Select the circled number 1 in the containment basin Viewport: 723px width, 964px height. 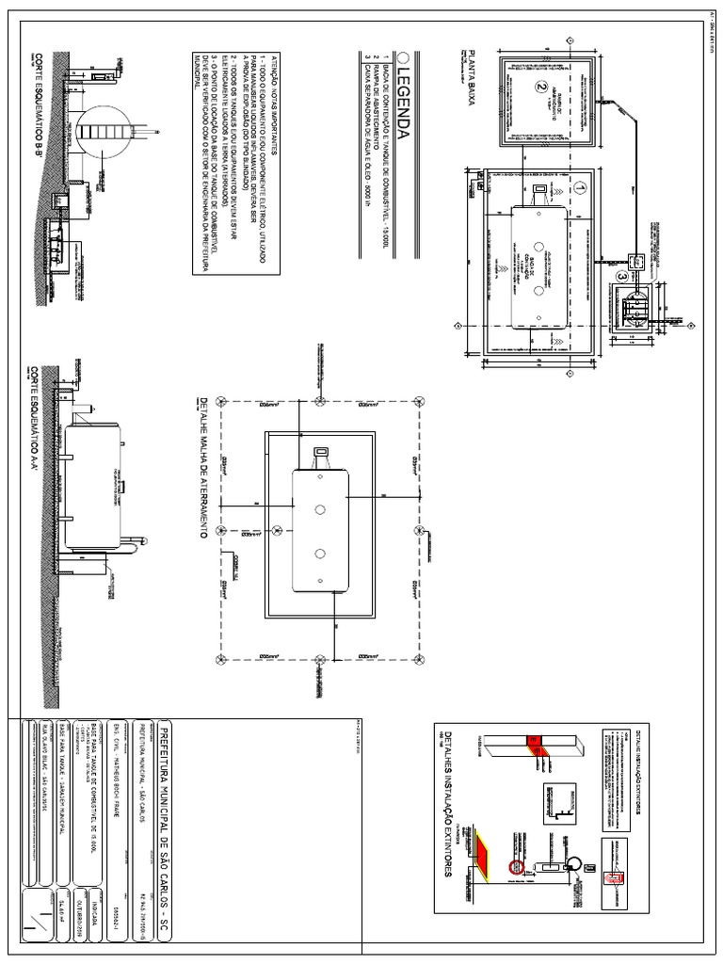pos(580,189)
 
